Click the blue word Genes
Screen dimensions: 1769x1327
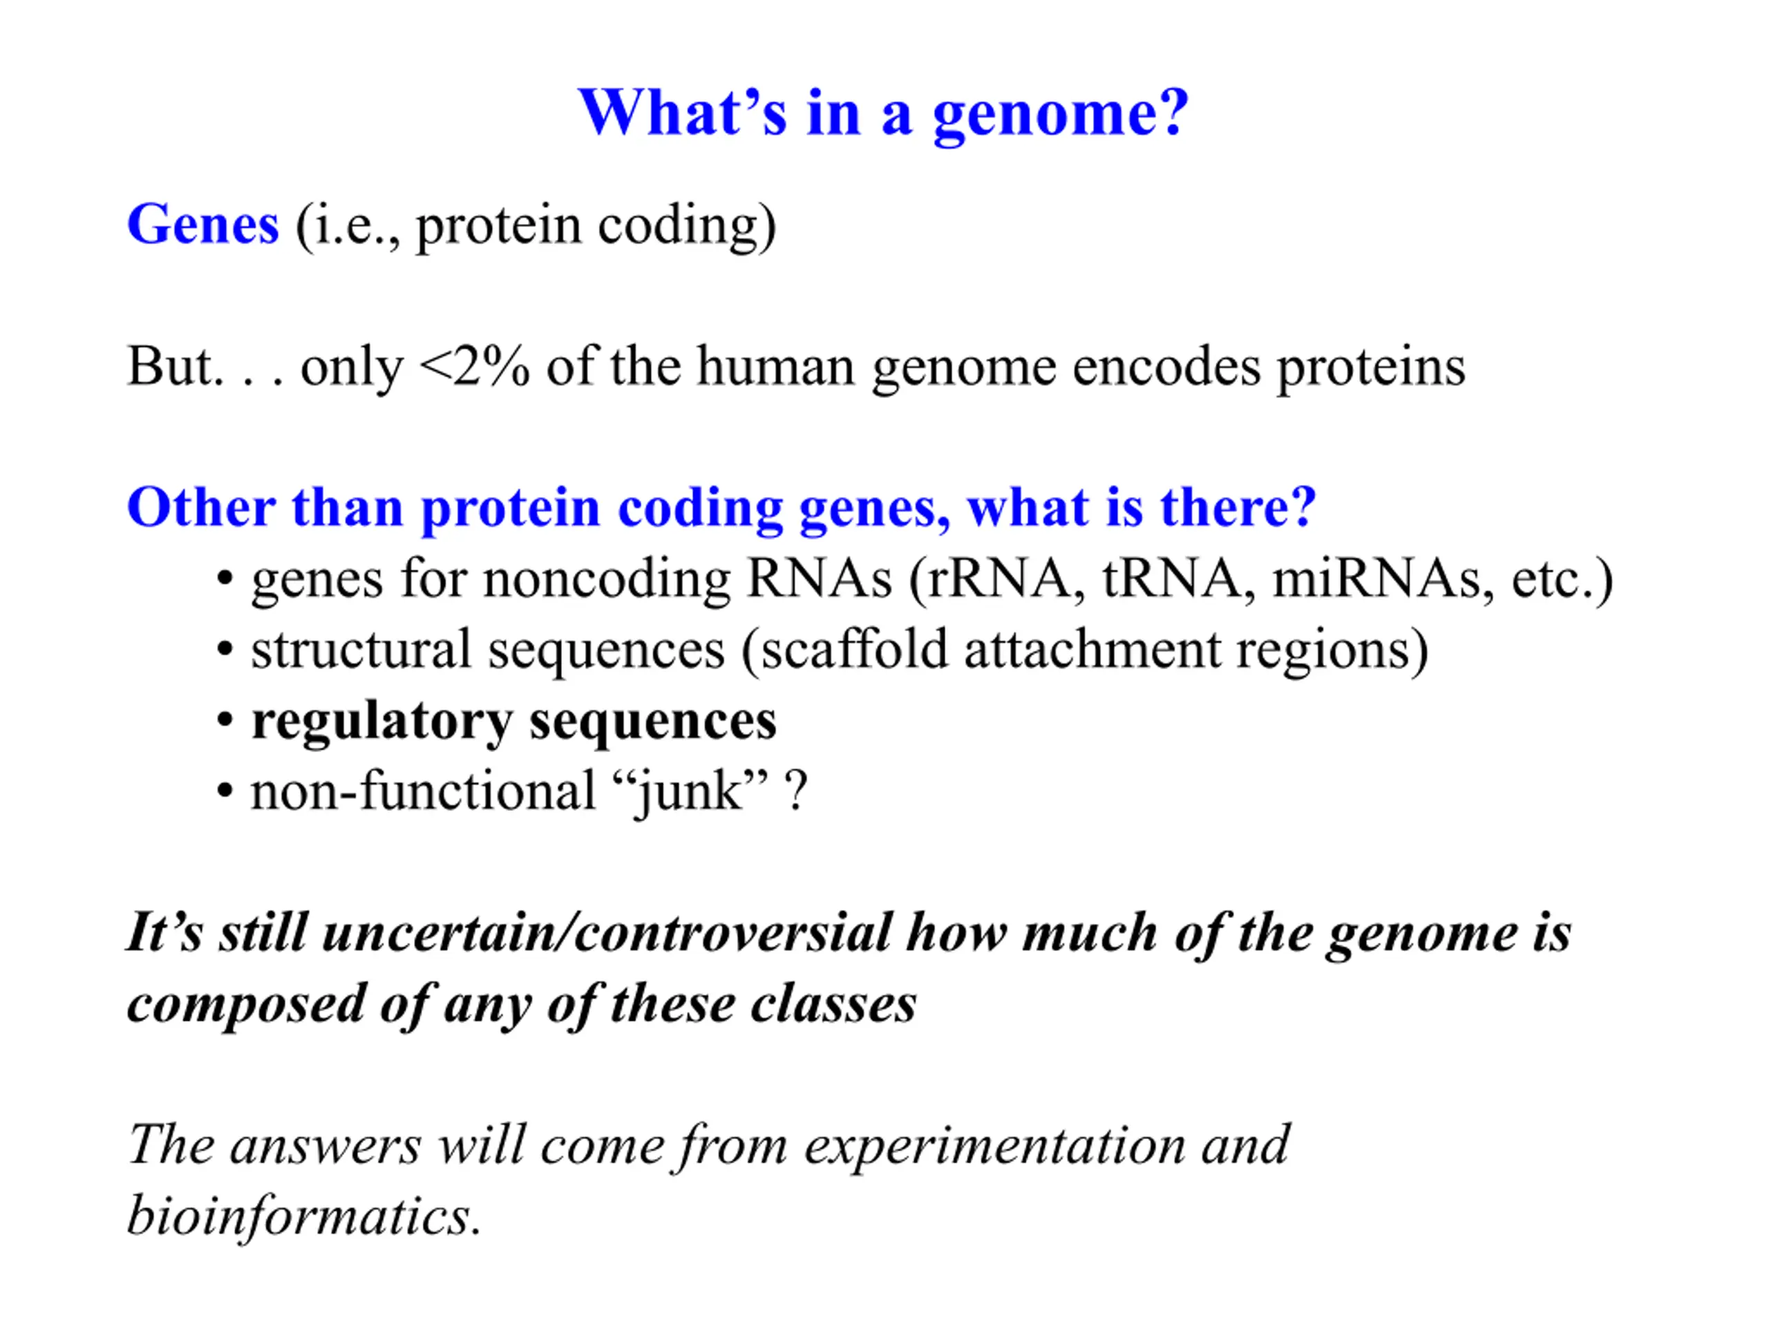click(203, 225)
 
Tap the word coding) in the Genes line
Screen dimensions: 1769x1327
click(687, 227)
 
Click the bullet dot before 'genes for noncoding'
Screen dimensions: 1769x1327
click(225, 578)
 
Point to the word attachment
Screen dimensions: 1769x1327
click(1092, 650)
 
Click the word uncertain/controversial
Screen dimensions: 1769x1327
click(606, 932)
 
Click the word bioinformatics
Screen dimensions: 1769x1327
click(305, 1216)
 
